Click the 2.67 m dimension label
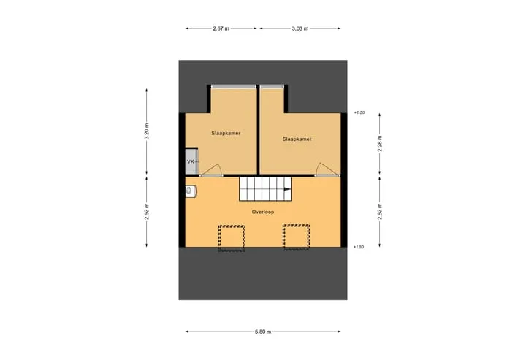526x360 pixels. pyautogui.click(x=221, y=28)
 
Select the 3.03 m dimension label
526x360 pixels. pyautogui.click(x=300, y=28)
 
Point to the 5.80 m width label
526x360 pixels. pyautogui.click(x=263, y=332)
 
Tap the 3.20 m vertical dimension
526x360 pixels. pyautogui.click(x=147, y=131)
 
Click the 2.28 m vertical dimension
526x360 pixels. pyautogui.click(x=380, y=143)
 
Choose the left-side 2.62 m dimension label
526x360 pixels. pyautogui.click(x=147, y=212)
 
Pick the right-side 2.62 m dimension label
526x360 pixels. pyautogui.click(x=380, y=212)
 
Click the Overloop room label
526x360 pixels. pyautogui.click(x=263, y=212)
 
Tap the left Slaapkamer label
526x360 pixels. pyautogui.click(x=226, y=133)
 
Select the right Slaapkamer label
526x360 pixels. pyautogui.click(x=297, y=139)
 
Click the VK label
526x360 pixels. pyautogui.click(x=191, y=161)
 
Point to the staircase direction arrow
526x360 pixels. pyautogui.click(x=288, y=189)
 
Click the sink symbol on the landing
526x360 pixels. pyautogui.click(x=190, y=191)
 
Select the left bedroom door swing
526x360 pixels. pyautogui.click(x=212, y=170)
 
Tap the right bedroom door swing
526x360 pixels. pyautogui.click(x=327, y=169)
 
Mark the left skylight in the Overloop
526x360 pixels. pyautogui.click(x=232, y=238)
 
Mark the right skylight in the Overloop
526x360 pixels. pyautogui.click(x=296, y=237)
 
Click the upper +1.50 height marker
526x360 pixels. pyautogui.click(x=359, y=112)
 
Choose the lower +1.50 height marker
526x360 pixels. pyautogui.click(x=359, y=247)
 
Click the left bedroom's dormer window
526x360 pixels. pyautogui.click(x=234, y=86)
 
